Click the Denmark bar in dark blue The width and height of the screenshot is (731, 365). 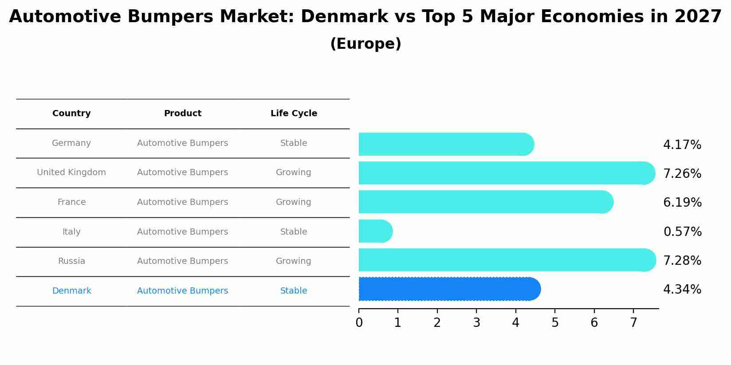pos(448,289)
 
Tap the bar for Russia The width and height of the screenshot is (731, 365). pos(506,260)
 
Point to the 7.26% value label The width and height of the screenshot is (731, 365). pos(682,174)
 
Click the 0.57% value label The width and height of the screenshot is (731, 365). pos(682,232)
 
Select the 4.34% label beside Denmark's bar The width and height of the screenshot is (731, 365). pos(682,290)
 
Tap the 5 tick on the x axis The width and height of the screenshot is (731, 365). pos(555,323)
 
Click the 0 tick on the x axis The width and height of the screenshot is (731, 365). pos(359,323)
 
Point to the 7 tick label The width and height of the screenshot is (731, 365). pos(633,323)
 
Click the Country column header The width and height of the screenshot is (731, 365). pos(71,114)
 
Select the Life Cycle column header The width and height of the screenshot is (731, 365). pos(294,114)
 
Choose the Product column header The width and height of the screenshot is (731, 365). pos(182,114)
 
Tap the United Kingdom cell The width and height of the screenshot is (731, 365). pos(71,173)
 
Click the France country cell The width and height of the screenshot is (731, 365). pos(71,202)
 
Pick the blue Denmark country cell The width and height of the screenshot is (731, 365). pos(71,291)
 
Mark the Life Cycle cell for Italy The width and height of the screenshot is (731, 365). pos(293,232)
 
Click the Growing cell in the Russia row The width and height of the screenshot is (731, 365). pos(293,261)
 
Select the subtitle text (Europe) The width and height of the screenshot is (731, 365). pos(365,44)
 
